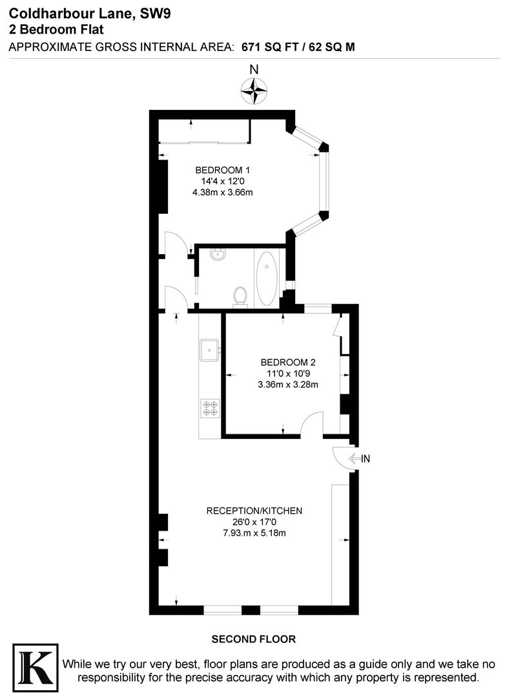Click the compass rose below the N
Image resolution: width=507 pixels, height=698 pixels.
[x=254, y=90]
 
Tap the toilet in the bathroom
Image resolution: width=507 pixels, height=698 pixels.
[x=240, y=295]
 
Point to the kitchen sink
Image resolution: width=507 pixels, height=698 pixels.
[x=209, y=350]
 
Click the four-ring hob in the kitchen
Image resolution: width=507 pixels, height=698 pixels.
[x=211, y=408]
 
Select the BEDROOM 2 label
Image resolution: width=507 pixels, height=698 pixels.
[x=287, y=362]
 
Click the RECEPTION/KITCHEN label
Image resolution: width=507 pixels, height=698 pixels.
[x=254, y=511]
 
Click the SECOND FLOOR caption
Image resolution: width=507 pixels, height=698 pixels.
[x=254, y=639]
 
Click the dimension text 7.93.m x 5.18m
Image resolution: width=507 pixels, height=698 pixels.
[x=254, y=533]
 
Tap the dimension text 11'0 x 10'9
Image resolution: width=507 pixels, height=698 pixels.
[x=287, y=373]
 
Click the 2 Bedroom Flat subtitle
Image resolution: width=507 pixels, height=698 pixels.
[x=56, y=29]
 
